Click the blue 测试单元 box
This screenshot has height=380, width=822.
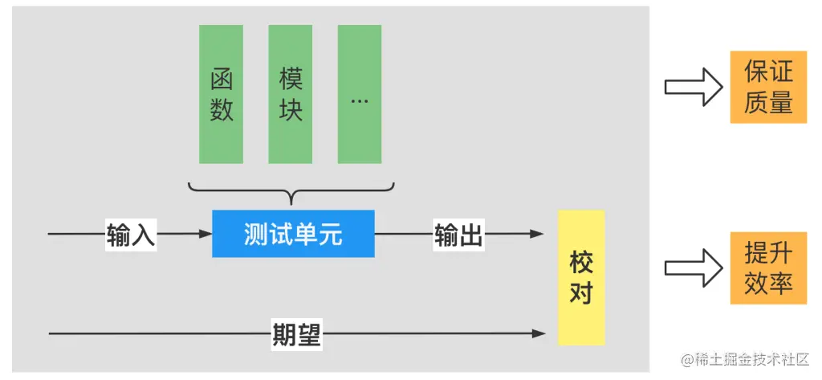(293, 234)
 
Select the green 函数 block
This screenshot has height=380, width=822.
(222, 94)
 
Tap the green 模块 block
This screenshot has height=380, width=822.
(291, 94)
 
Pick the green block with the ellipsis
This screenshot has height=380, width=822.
(360, 94)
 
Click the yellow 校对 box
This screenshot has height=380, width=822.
(580, 277)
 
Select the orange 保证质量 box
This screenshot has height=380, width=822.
(768, 87)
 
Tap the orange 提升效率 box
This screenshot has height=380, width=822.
(768, 268)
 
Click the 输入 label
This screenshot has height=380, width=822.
(131, 235)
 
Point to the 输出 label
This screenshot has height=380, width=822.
(458, 235)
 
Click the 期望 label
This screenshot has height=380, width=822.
(296, 333)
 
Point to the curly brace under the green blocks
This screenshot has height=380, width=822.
(292, 192)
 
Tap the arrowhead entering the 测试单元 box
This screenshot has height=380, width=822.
(205, 235)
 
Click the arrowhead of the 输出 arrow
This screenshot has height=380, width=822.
(537, 235)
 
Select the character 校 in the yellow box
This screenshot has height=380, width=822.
(580, 262)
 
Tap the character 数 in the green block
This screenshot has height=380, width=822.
(222, 109)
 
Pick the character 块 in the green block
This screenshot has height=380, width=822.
(291, 109)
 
